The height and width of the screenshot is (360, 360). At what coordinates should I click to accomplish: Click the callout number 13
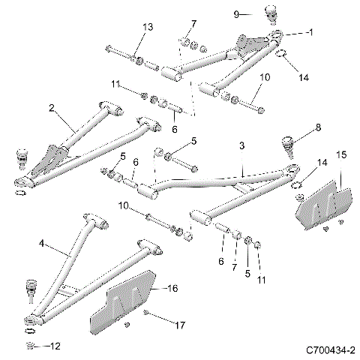coord(147,27)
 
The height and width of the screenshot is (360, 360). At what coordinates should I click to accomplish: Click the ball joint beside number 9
coord(270,15)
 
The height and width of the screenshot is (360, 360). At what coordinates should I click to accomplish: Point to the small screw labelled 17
coord(148,313)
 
